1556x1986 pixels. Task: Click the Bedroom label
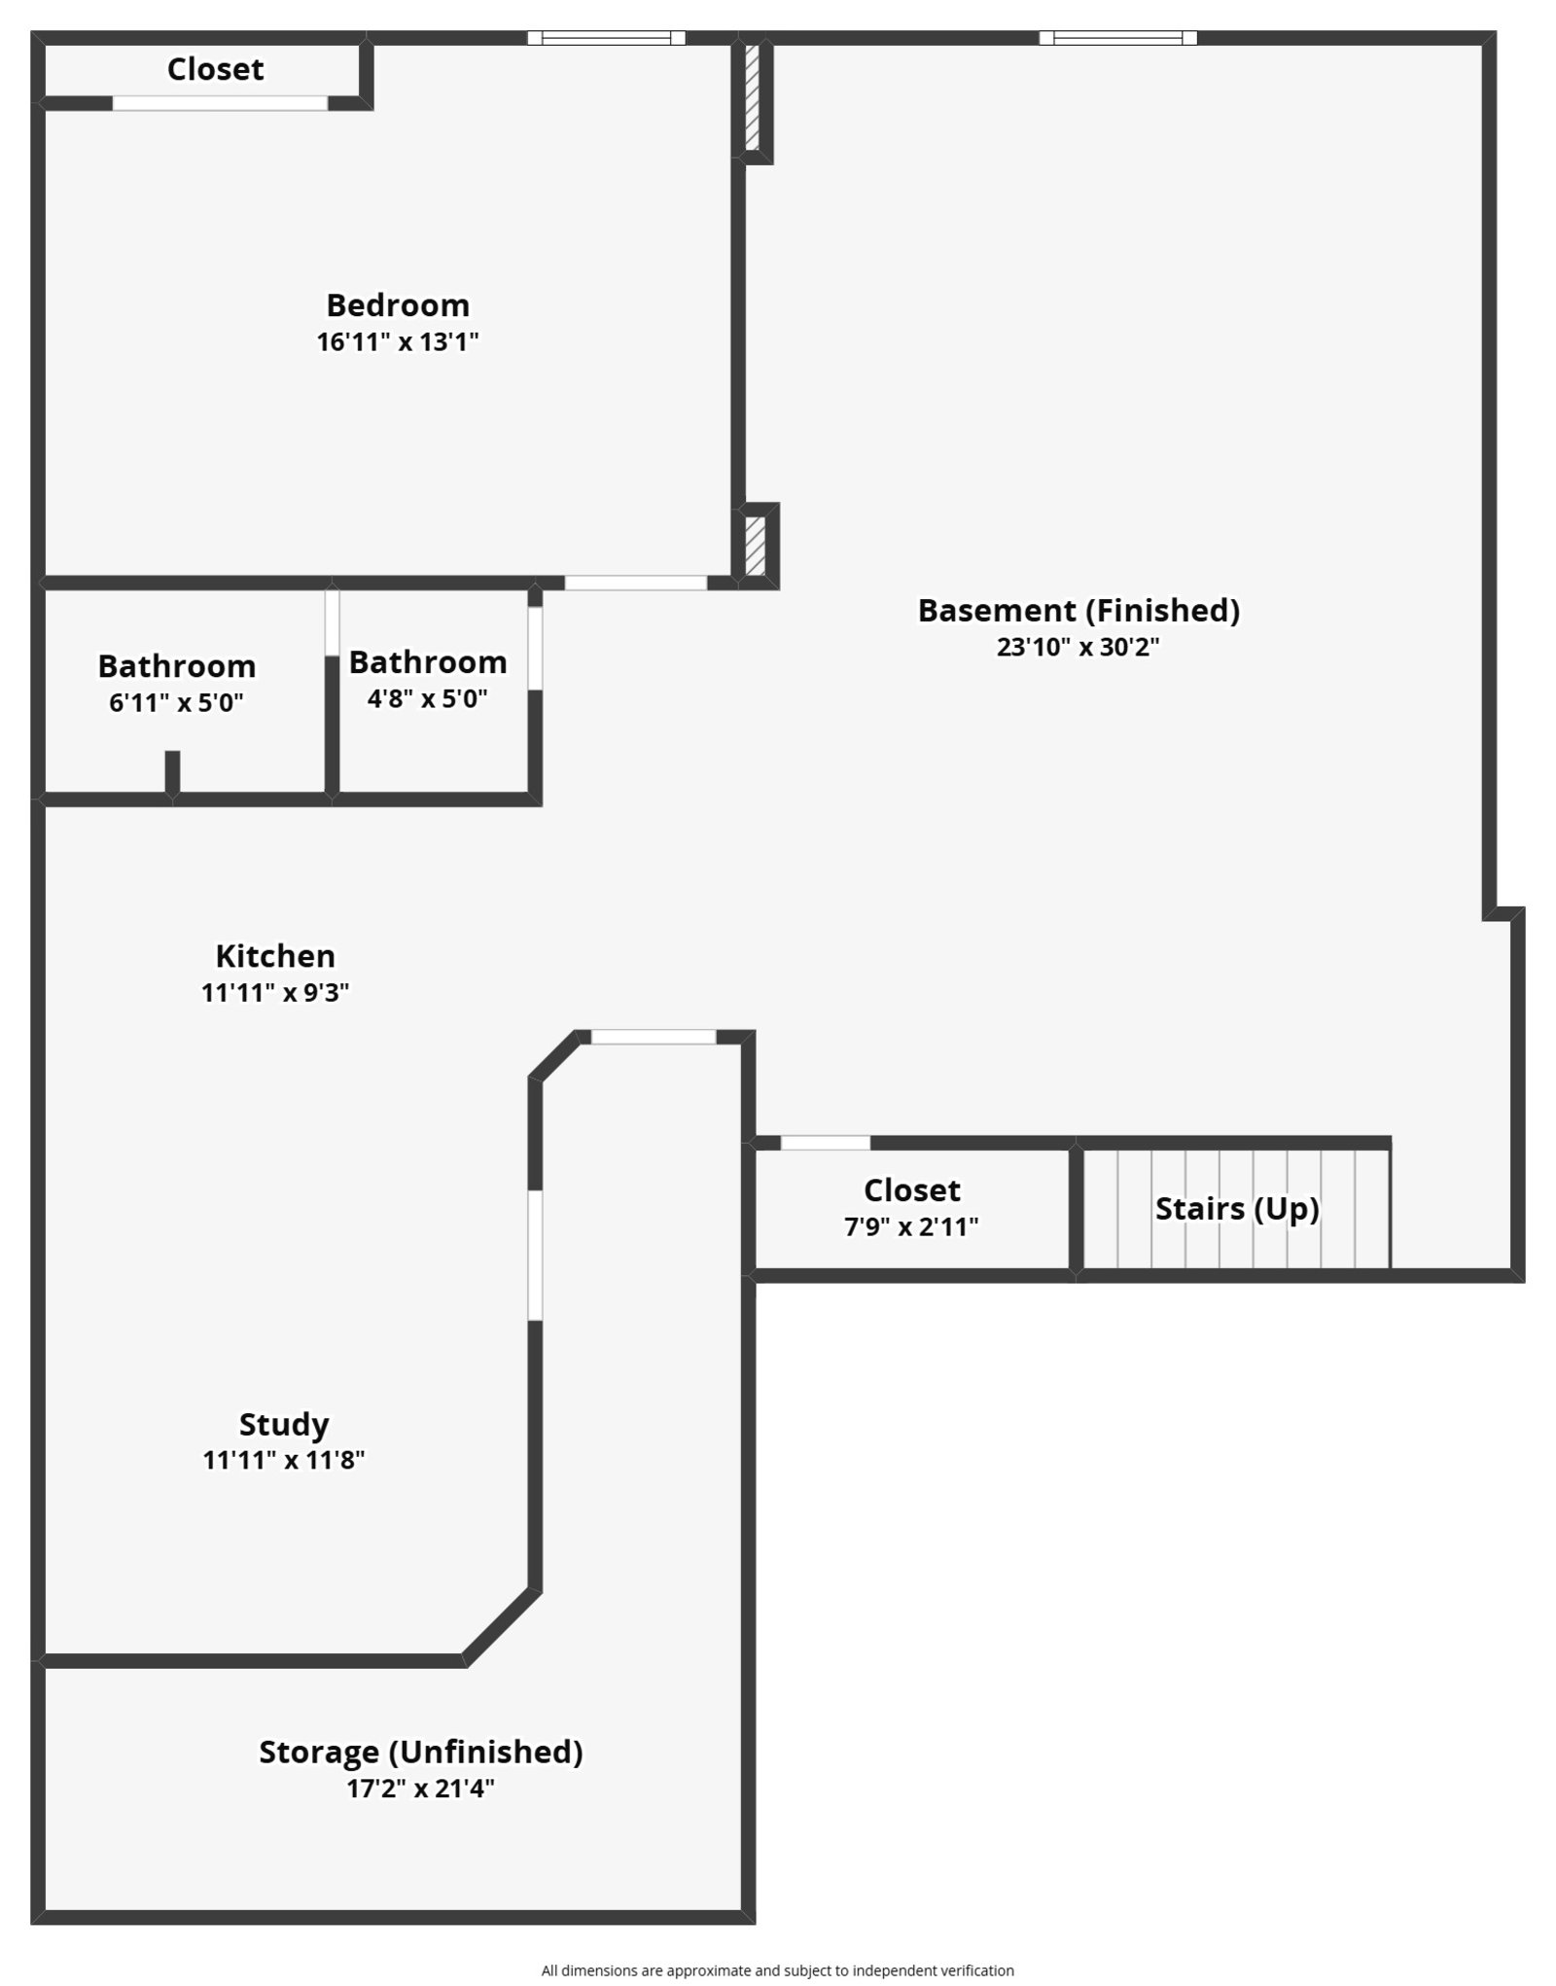coord(398,305)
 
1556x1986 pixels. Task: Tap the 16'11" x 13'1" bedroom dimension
coord(398,342)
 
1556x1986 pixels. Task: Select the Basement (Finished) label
coord(1079,611)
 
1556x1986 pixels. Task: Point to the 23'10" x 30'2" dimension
coord(1079,647)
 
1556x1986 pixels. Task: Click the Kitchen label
coord(275,956)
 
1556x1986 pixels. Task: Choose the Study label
coord(284,1425)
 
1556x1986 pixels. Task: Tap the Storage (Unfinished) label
coord(421,1752)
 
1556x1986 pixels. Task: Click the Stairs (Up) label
coord(1237,1209)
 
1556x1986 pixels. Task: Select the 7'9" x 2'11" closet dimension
coord(911,1226)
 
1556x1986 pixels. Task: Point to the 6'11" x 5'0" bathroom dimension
coord(176,702)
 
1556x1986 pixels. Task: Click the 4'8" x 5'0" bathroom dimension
coord(428,698)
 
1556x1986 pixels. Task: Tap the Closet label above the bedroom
coord(215,69)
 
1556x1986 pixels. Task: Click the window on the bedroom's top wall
coord(606,38)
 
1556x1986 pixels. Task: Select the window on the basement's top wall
coord(1117,38)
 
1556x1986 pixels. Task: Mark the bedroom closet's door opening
coord(220,103)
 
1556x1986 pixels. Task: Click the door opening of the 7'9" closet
coord(826,1143)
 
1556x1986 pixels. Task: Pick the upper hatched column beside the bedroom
coord(752,97)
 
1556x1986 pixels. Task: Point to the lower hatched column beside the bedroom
coord(756,546)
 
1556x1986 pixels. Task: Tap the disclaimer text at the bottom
coord(778,1970)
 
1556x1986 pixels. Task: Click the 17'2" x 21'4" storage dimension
coord(421,1789)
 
